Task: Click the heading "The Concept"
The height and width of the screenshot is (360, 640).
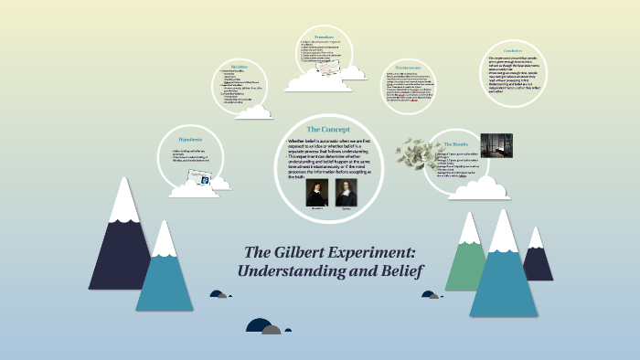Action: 325,129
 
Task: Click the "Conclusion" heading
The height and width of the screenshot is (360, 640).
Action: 513,50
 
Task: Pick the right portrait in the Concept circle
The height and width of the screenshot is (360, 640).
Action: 347,192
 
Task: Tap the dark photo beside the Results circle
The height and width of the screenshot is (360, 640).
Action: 496,145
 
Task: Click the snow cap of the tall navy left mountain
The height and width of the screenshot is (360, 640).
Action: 123,202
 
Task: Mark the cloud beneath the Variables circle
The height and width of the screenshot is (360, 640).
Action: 253,111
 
